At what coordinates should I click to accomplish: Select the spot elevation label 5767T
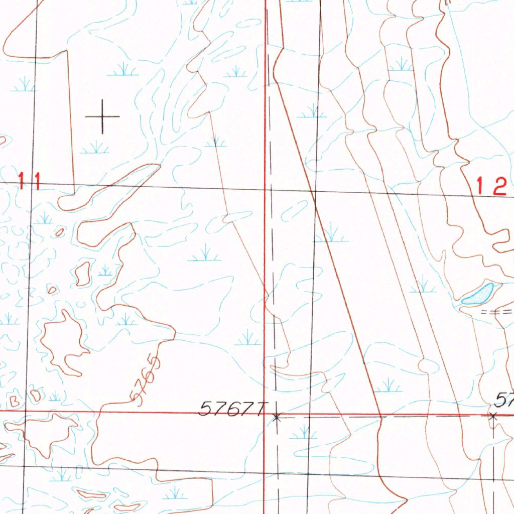[x=231, y=408]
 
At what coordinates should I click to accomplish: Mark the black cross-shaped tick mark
[x=102, y=116]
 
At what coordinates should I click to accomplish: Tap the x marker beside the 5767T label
[x=277, y=417]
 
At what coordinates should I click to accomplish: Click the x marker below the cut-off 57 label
[x=493, y=416]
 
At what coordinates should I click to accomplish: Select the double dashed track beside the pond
[x=497, y=312]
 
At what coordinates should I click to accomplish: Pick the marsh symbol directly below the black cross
[x=95, y=148]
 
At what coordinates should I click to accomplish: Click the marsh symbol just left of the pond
[x=423, y=287]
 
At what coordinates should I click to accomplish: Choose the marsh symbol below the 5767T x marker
[x=303, y=432]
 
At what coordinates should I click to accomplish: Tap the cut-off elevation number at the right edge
[x=504, y=400]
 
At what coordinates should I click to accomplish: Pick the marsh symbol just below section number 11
[x=44, y=218]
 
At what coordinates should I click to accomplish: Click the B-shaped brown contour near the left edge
[x=14, y=401]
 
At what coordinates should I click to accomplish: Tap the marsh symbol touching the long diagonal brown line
[x=331, y=234]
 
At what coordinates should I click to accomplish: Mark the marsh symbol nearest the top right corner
[x=401, y=65]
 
